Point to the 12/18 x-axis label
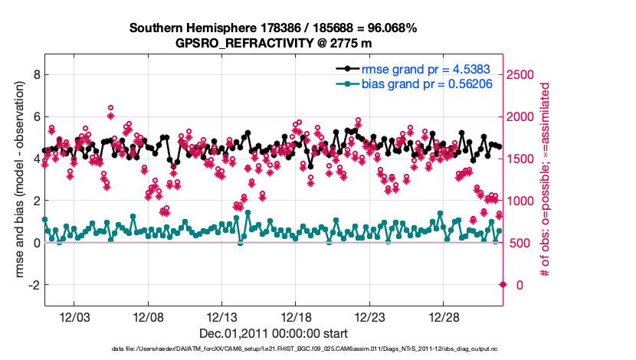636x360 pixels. click(296, 317)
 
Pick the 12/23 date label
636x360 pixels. click(369, 317)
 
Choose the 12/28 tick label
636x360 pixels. click(443, 317)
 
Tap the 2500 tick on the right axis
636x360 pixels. click(521, 74)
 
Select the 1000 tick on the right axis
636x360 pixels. click(521, 201)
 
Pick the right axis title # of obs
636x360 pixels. click(546, 181)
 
